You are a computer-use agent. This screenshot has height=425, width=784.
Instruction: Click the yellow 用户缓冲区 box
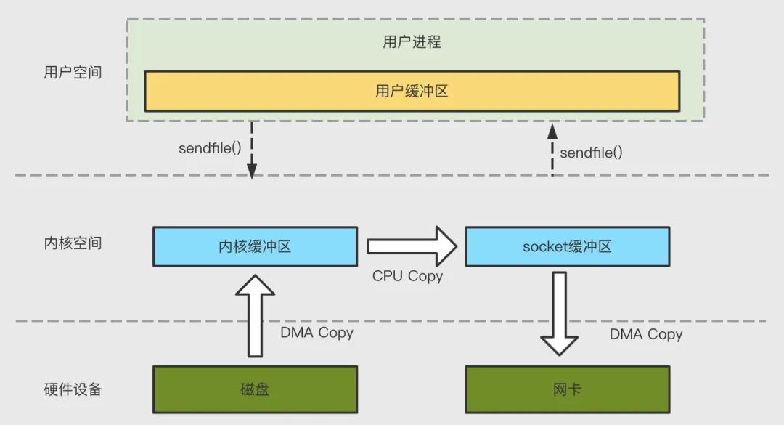[412, 91]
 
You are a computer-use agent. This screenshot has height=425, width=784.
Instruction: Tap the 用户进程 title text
[412, 41]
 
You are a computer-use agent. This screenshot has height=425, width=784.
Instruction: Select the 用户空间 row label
[73, 73]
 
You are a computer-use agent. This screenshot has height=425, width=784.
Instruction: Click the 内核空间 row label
[73, 243]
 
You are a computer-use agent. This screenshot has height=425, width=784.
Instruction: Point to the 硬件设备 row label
[73, 389]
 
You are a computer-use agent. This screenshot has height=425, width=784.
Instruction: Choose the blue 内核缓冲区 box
[255, 246]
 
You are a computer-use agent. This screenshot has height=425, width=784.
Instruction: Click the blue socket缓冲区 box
[567, 246]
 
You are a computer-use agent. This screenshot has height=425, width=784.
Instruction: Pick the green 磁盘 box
[255, 389]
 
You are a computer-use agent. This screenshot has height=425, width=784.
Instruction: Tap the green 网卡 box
[567, 389]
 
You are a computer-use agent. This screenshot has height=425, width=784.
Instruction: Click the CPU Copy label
[407, 276]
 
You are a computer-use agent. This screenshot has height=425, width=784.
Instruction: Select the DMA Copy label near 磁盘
[317, 333]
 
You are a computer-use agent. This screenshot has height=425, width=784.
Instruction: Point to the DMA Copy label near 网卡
[646, 334]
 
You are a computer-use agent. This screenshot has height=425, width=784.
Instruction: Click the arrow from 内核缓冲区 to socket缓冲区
[411, 246]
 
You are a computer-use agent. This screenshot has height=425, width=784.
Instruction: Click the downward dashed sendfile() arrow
[251, 149]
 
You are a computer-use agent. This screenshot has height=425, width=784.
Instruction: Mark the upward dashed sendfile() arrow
[552, 149]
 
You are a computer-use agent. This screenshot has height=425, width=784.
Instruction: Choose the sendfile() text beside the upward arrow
[591, 153]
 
